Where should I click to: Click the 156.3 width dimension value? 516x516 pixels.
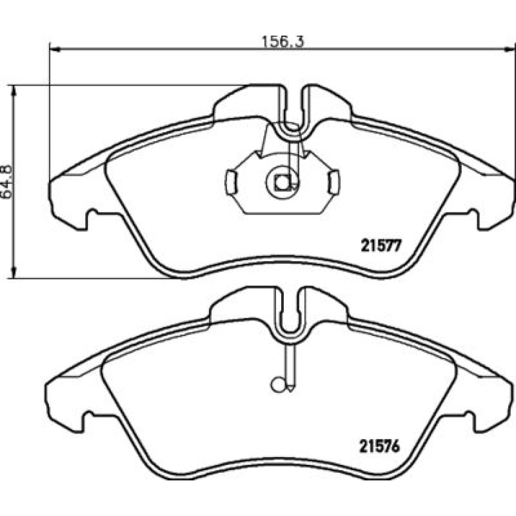283,41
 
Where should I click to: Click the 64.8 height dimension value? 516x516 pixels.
7,181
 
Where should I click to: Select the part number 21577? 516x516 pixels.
381,246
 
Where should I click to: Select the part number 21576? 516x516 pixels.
379,446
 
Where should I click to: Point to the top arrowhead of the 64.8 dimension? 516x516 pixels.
13,90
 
